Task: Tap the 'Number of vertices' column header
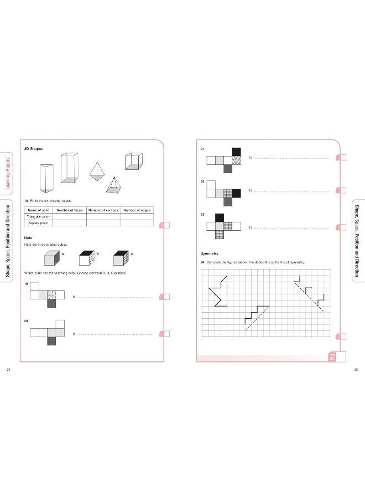coord(103,210)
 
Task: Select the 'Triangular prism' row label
coord(39,216)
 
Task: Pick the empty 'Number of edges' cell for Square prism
coord(137,223)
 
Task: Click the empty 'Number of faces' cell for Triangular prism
coord(70,216)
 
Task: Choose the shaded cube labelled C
coord(121,258)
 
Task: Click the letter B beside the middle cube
coord(97,253)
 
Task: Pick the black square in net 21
coord(237,152)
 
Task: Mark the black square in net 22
coord(237,193)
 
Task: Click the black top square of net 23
coord(219,218)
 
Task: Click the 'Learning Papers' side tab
coord(8,172)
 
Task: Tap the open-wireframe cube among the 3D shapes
coord(133,161)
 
